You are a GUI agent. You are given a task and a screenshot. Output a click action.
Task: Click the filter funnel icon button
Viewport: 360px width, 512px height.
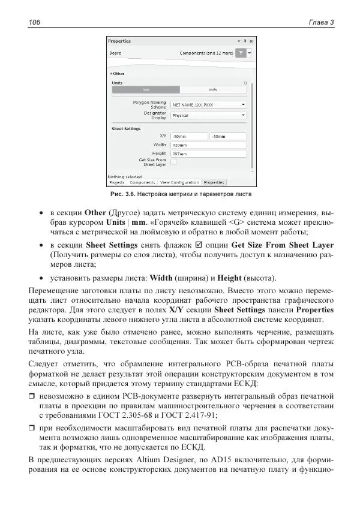pos(240,53)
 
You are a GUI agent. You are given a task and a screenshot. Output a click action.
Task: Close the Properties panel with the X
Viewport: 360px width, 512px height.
pos(250,41)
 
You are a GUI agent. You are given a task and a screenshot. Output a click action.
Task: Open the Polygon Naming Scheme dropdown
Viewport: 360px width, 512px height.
pos(208,104)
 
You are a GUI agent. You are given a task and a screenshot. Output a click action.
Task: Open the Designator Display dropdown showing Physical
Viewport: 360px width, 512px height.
pos(208,115)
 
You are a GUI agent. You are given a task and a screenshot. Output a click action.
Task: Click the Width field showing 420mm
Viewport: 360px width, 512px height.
pos(208,144)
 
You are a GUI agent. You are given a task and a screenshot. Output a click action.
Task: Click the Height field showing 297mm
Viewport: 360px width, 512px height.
pos(208,153)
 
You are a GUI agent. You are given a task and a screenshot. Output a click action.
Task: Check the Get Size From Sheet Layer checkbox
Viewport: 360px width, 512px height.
pos(173,161)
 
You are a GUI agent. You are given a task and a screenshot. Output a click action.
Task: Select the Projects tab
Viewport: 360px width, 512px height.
pos(116,182)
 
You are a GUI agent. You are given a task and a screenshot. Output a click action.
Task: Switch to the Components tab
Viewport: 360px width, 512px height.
pos(142,182)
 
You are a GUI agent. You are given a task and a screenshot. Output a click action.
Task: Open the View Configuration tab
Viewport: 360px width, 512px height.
pos(179,182)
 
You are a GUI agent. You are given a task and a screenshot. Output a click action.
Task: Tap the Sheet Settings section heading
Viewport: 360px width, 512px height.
pos(126,128)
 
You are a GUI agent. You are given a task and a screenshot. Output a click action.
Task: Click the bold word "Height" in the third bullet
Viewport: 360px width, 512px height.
pos(229,278)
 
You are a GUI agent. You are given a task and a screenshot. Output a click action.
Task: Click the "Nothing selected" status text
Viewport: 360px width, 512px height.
pos(125,177)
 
